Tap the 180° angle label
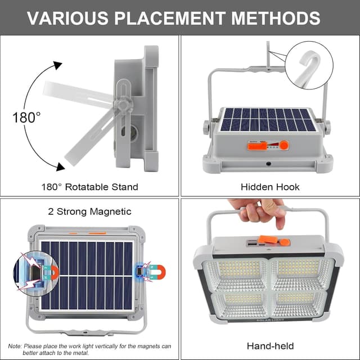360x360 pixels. [26, 117]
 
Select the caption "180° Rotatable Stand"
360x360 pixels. [89, 187]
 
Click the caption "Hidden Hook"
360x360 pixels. [270, 187]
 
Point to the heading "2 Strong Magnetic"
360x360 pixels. [89, 211]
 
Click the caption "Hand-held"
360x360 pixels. [270, 346]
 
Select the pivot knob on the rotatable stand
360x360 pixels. [122, 106]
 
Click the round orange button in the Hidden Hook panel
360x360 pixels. [284, 145]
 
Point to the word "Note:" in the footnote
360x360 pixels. [15, 346]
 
